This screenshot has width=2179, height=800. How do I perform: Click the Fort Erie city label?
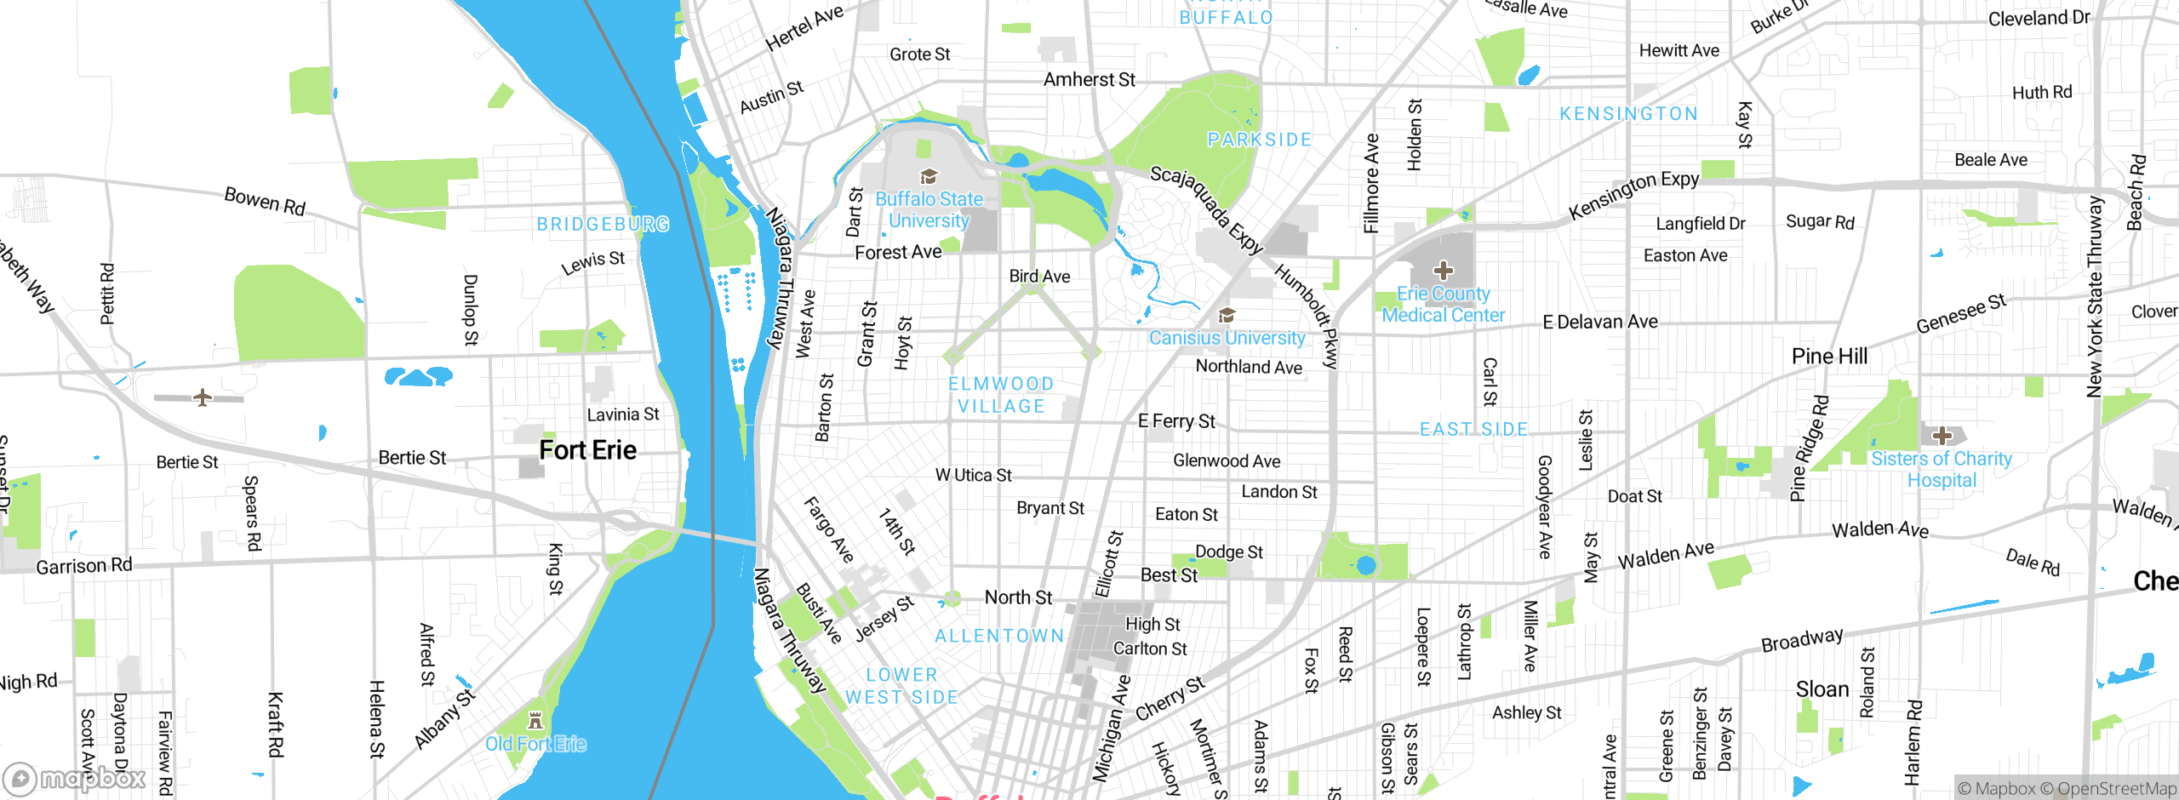click(x=587, y=450)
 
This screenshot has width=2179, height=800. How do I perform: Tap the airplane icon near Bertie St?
click(x=202, y=397)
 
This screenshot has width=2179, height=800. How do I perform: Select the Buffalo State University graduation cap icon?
click(x=929, y=176)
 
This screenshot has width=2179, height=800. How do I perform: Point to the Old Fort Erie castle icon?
click(x=535, y=721)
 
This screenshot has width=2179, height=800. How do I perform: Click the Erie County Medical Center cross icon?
click(x=1443, y=271)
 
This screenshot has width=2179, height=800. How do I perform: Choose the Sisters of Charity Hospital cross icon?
click(x=1942, y=436)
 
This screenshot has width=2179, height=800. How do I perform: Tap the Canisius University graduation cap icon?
click(x=1227, y=316)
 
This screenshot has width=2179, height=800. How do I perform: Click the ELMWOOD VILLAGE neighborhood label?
click(x=1001, y=395)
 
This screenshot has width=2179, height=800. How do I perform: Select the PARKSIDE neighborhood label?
click(x=1259, y=140)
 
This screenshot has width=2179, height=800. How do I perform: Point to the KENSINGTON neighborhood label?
click(x=1628, y=114)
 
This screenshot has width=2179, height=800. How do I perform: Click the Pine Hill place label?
click(x=1829, y=356)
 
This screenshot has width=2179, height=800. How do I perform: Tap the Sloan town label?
click(x=1822, y=689)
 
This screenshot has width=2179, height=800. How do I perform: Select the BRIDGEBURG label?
click(x=603, y=224)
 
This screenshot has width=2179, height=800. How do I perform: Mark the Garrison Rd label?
click(x=84, y=566)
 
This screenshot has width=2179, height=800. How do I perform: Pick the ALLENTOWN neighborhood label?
click(x=999, y=636)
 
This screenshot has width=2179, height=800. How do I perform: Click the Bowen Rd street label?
click(x=265, y=201)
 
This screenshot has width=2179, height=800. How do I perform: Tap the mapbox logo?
click(x=75, y=779)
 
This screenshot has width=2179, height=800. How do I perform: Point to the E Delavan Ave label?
click(x=1600, y=322)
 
